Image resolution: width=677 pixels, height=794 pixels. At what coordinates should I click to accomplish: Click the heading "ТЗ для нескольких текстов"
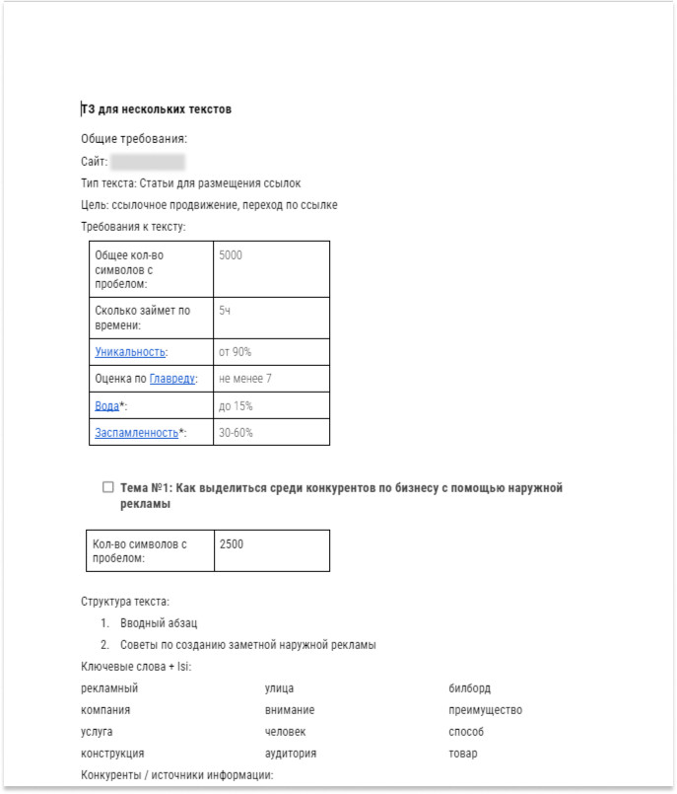point(156,108)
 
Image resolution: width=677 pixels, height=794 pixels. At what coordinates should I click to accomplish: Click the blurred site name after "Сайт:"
point(148,162)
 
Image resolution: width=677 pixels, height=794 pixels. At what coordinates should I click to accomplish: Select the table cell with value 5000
point(231,255)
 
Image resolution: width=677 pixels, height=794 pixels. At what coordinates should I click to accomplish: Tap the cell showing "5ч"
point(226,310)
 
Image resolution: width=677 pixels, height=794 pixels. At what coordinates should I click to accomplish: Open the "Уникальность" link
point(130,352)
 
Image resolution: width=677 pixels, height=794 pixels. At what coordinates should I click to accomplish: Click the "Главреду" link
point(172,379)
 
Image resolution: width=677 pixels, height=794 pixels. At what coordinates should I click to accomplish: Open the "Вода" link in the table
point(106,405)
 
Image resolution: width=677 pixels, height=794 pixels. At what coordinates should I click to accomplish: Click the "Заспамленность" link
point(136,432)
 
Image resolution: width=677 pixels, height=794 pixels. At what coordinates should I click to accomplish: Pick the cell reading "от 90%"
point(236,352)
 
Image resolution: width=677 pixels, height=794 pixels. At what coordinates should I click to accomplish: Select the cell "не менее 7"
point(245,379)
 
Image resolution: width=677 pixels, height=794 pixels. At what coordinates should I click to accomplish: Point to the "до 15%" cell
point(236,405)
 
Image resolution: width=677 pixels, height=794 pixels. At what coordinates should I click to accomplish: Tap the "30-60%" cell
point(237,432)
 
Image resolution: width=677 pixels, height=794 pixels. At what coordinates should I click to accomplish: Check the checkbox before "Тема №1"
point(108,487)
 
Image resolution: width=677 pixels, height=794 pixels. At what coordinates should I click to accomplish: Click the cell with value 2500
point(232,543)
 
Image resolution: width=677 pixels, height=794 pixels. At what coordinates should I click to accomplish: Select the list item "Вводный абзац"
point(159,623)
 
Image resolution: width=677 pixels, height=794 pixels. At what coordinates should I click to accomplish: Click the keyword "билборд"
point(469,688)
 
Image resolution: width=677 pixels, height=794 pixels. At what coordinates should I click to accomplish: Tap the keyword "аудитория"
point(290,754)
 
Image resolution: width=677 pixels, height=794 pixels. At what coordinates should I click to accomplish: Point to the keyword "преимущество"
point(485,710)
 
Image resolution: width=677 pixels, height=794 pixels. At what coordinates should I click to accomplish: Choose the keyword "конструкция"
point(112,754)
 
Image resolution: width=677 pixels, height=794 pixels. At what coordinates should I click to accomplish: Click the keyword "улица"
point(279,688)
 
